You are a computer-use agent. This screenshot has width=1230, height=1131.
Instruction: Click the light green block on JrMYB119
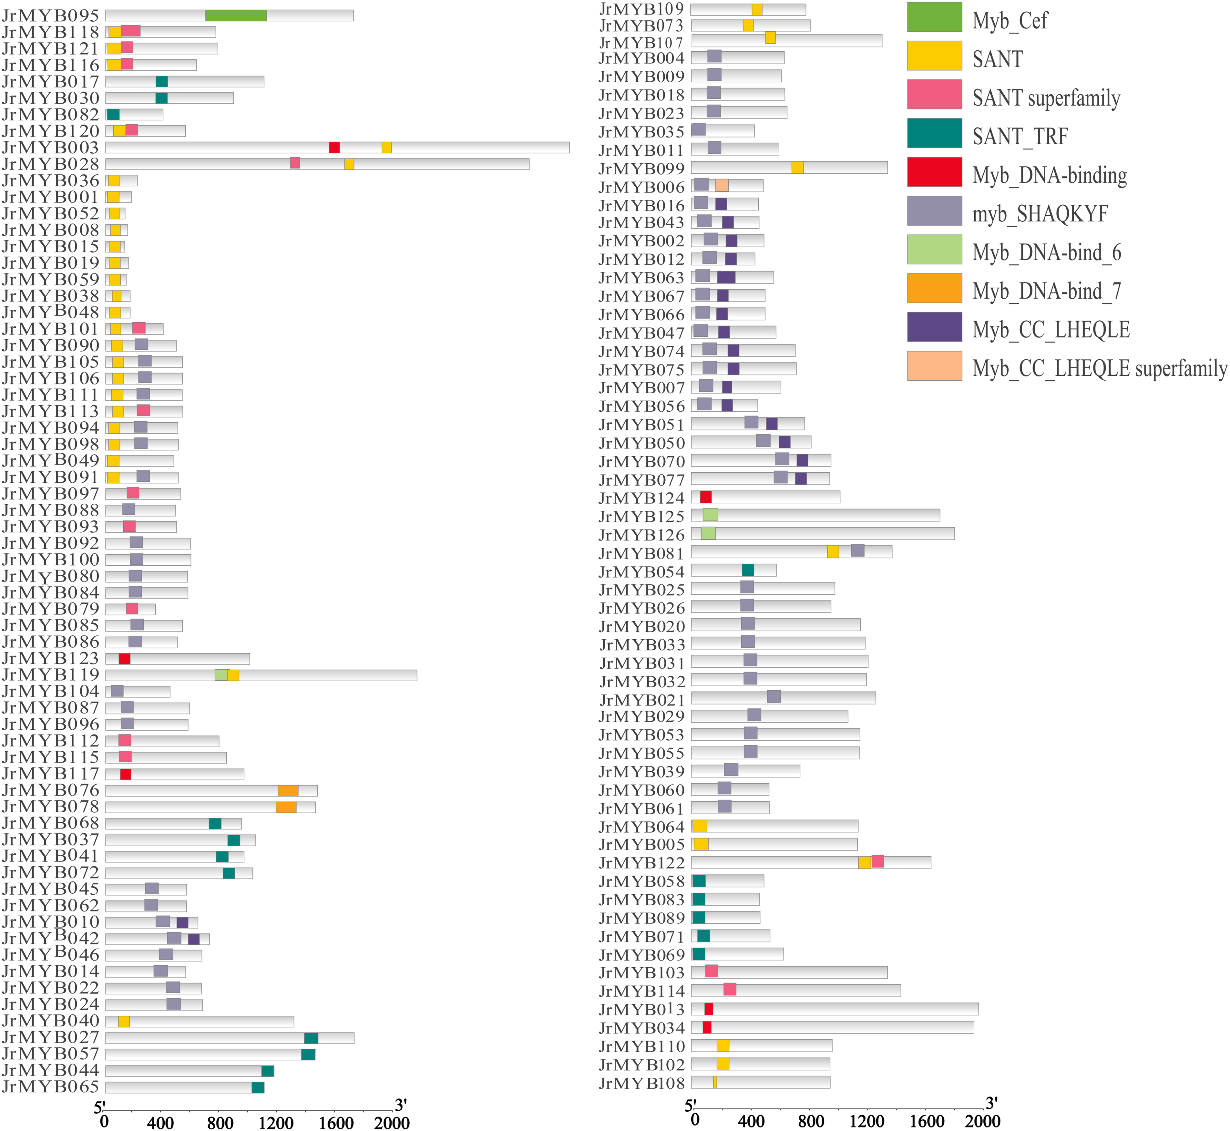pyautogui.click(x=221, y=675)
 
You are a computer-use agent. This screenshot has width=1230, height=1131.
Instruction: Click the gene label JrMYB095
pyautogui.click(x=50, y=15)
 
